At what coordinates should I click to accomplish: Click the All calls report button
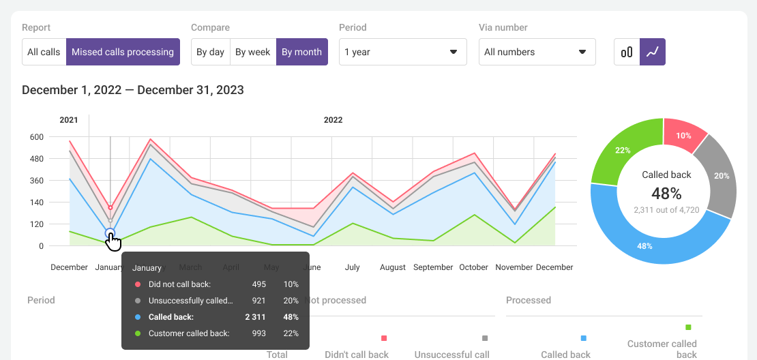point(44,52)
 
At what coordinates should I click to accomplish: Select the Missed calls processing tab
point(123,52)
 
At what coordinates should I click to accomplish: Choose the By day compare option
point(210,52)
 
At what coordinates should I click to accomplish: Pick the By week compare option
point(253,52)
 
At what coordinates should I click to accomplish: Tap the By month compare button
point(301,52)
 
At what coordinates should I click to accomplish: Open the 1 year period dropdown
point(402,52)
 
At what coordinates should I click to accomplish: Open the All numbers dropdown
point(537,52)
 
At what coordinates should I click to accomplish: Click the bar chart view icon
point(627,52)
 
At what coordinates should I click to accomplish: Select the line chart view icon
point(653,52)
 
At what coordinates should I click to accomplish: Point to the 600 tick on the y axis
point(36,137)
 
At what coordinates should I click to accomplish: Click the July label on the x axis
point(352,267)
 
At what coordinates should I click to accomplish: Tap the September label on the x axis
point(433,267)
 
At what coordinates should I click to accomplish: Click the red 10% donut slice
point(685,135)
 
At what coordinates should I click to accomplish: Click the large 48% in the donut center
point(666,193)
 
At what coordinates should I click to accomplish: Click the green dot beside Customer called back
point(138,333)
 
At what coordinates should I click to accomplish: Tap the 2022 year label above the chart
point(333,120)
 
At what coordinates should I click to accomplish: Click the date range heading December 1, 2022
point(133,90)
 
